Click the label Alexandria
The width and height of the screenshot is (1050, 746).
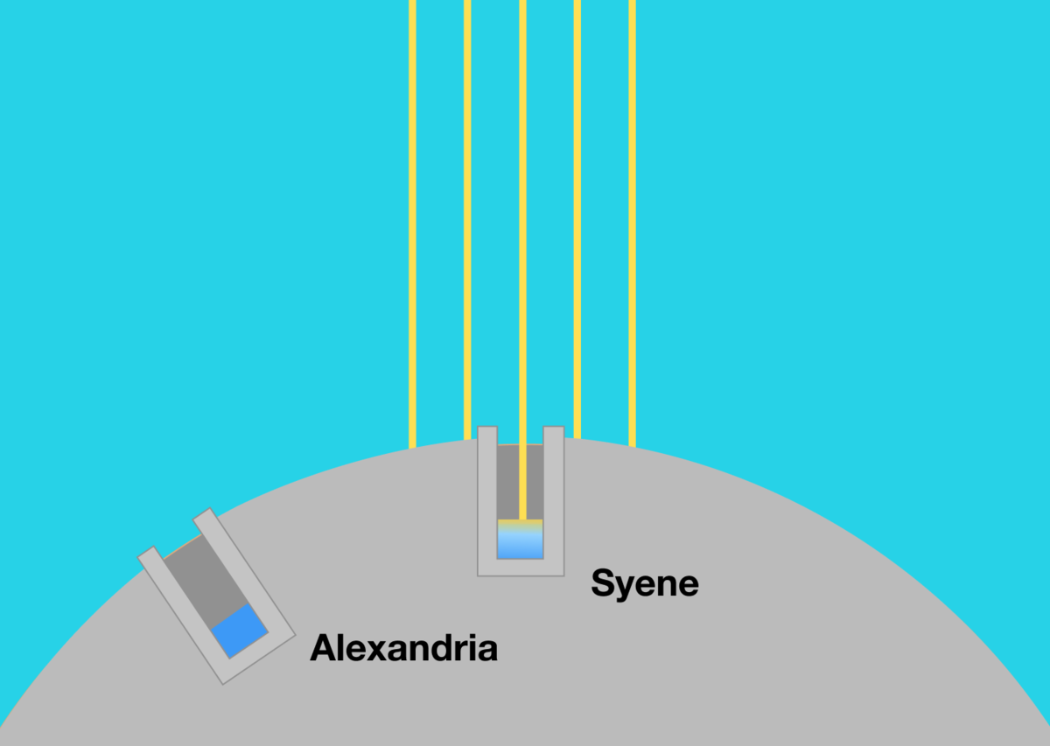(403, 648)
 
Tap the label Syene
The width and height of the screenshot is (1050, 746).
(645, 582)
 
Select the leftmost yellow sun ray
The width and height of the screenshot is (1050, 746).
(412, 219)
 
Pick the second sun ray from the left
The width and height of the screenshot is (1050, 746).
(467, 219)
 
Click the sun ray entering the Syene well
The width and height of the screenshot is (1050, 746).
(522, 219)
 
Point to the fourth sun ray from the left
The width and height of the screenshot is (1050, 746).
(577, 219)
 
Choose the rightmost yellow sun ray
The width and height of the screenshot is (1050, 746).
(632, 219)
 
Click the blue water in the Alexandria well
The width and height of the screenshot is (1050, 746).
(239, 631)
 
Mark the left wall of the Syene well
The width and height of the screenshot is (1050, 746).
(487, 498)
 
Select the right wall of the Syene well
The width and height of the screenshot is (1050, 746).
(553, 498)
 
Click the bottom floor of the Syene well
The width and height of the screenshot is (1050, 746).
(520, 568)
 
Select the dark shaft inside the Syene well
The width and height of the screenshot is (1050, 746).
(507, 481)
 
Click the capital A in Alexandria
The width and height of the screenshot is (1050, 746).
(325, 648)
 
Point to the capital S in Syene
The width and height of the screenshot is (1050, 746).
(604, 582)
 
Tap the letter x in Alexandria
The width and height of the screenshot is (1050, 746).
(374, 651)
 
